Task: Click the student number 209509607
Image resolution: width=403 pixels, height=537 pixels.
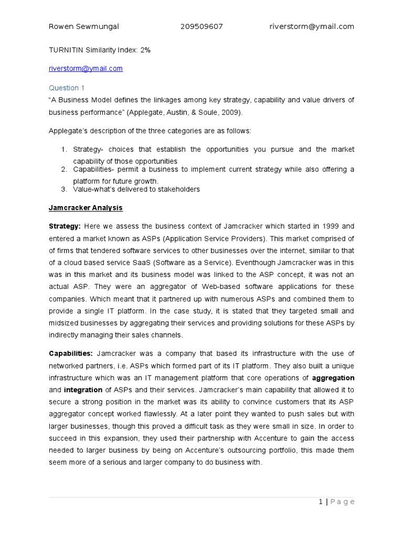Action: (x=201, y=27)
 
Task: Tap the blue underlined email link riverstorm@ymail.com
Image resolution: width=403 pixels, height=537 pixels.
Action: (x=86, y=68)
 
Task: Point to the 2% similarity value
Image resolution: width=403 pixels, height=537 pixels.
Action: (x=145, y=49)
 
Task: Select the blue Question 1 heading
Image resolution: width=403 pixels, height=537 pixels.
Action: (x=67, y=88)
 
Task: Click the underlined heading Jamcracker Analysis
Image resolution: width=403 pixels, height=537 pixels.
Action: (x=86, y=208)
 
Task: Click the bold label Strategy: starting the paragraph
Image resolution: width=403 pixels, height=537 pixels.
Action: (x=65, y=226)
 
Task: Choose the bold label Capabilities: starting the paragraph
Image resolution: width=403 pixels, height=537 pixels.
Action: (x=71, y=353)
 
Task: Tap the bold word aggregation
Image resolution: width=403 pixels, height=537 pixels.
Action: (x=333, y=378)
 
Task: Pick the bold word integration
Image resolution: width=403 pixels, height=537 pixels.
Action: (x=83, y=390)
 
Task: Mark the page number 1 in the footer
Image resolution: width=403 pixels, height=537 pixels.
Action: (x=321, y=502)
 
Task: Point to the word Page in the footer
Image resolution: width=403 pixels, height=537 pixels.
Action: (x=342, y=502)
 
